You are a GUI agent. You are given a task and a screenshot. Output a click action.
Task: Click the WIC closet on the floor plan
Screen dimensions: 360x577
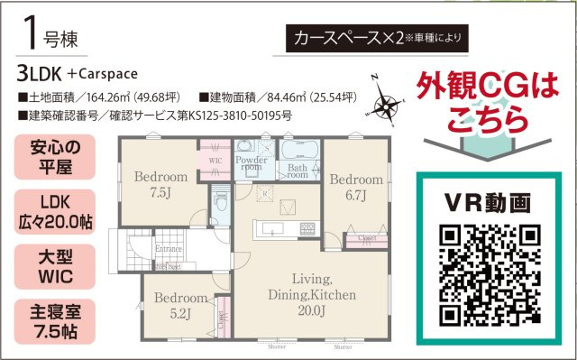click(x=215, y=161)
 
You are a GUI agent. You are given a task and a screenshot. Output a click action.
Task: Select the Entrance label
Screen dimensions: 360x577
click(x=168, y=247)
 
